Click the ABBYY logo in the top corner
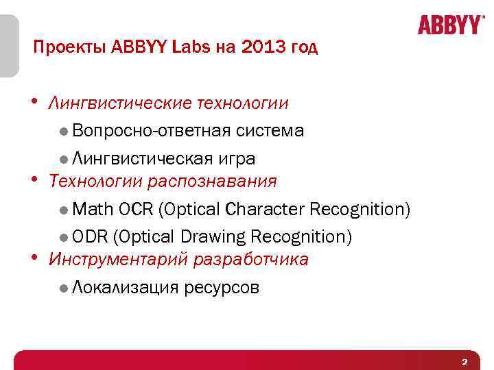(x=449, y=25)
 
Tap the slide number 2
(x=464, y=362)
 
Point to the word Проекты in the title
(x=64, y=47)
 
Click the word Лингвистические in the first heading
(x=119, y=103)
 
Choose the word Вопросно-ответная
(x=152, y=131)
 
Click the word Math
(x=93, y=209)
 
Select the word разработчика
(x=251, y=260)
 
